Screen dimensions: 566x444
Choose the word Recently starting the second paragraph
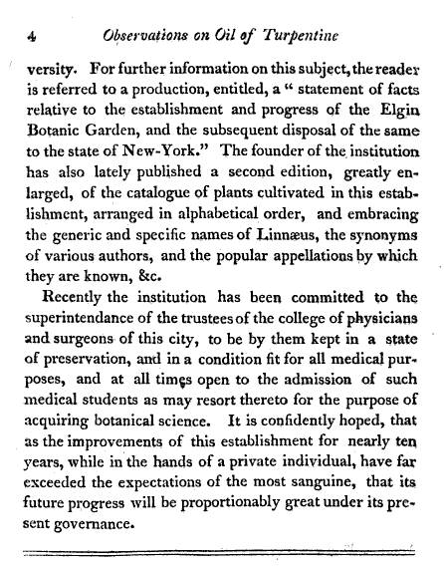coord(80,306)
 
